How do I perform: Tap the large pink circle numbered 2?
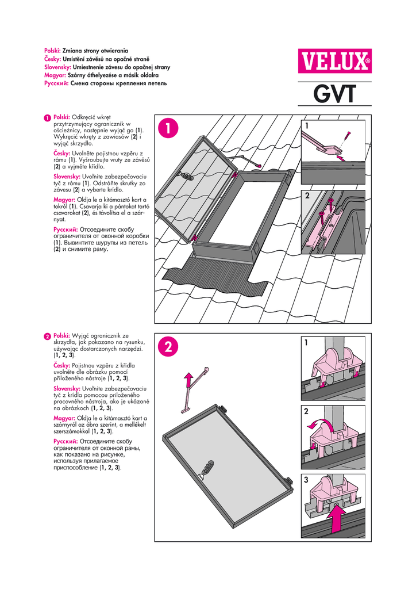pyautogui.click(x=168, y=347)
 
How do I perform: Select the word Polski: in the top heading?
pyautogui.click(x=53, y=52)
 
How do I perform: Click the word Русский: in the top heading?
pyautogui.click(x=56, y=83)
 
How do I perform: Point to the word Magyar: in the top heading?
pyautogui.click(x=55, y=75)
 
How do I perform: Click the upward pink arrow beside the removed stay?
pyautogui.click(x=187, y=381)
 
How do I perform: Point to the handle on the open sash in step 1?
pyautogui.click(x=186, y=173)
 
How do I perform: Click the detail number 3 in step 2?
pyautogui.click(x=307, y=480)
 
